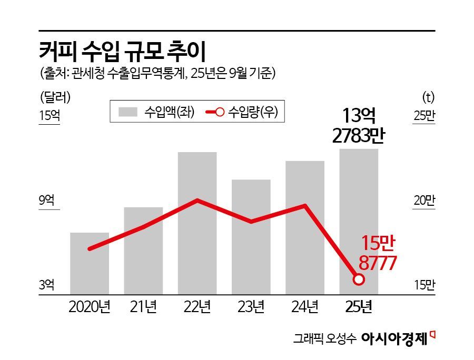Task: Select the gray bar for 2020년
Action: (90, 263)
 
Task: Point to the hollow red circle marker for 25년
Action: (359, 279)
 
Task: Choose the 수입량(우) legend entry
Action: (241, 112)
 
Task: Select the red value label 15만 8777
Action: (378, 253)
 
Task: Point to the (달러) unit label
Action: (55, 96)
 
